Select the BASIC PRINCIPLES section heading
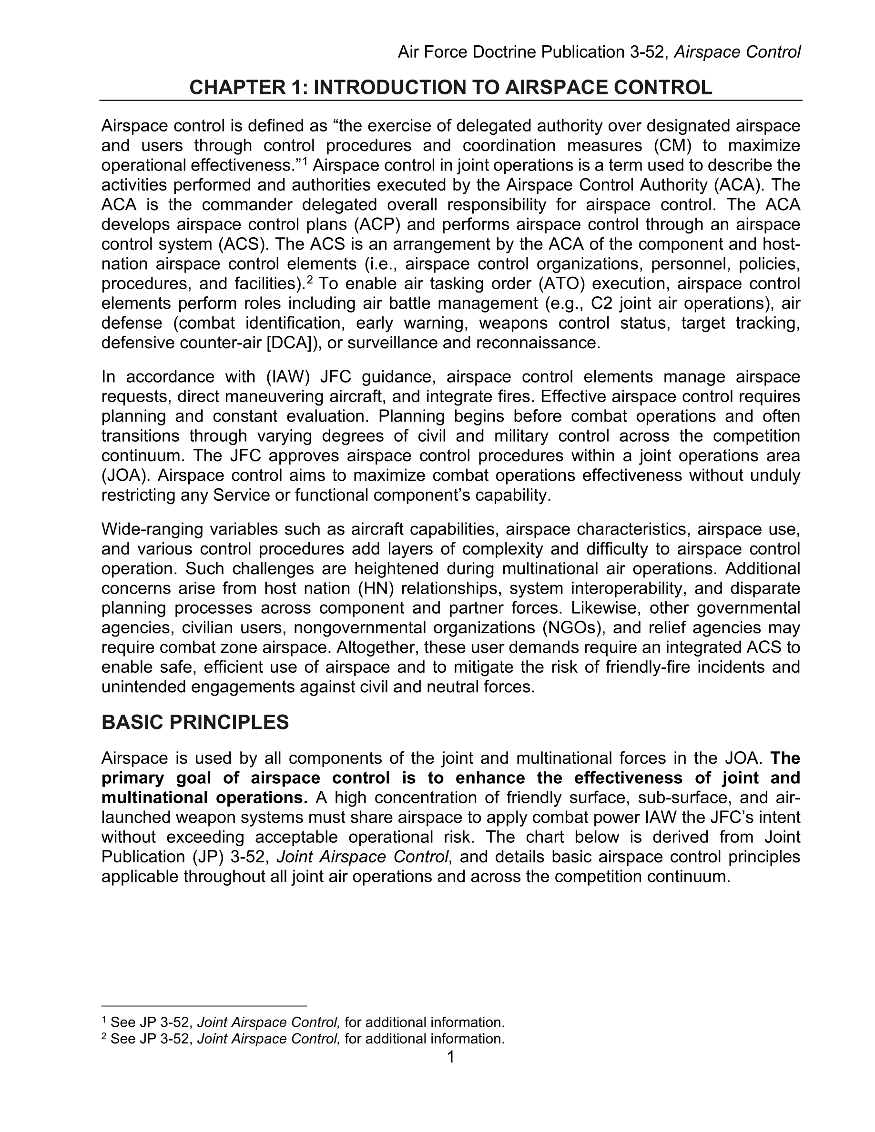tap(195, 722)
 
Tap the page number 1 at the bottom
tap(450, 1057)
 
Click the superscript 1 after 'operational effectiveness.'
tap(305, 162)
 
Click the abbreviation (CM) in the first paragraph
tap(673, 146)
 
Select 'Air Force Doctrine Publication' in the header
tap(510, 52)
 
